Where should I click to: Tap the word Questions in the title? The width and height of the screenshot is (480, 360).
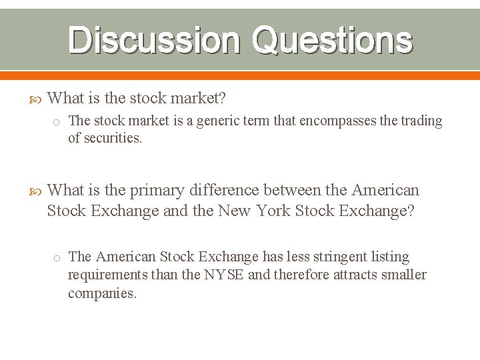pyautogui.click(x=332, y=40)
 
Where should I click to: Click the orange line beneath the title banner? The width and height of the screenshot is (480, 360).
pyautogui.click(x=240, y=75)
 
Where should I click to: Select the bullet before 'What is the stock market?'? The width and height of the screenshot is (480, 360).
pyautogui.click(x=37, y=99)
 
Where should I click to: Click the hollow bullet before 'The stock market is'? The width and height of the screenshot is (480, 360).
pyautogui.click(x=57, y=121)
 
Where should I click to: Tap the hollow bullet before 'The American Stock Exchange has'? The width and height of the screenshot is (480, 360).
pyautogui.click(x=57, y=257)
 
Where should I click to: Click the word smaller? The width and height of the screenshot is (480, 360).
pyautogui.click(x=401, y=275)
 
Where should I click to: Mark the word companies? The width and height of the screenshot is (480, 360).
pyautogui.click(x=102, y=293)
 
